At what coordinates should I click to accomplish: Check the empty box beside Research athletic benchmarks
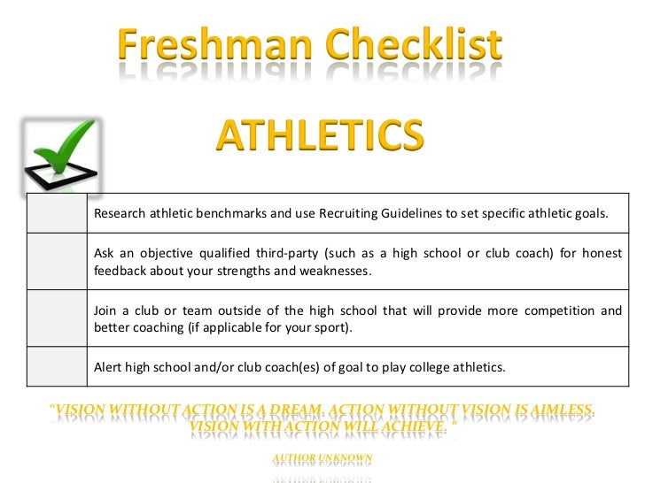click(x=55, y=213)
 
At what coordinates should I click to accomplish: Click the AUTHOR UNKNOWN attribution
click(x=322, y=457)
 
